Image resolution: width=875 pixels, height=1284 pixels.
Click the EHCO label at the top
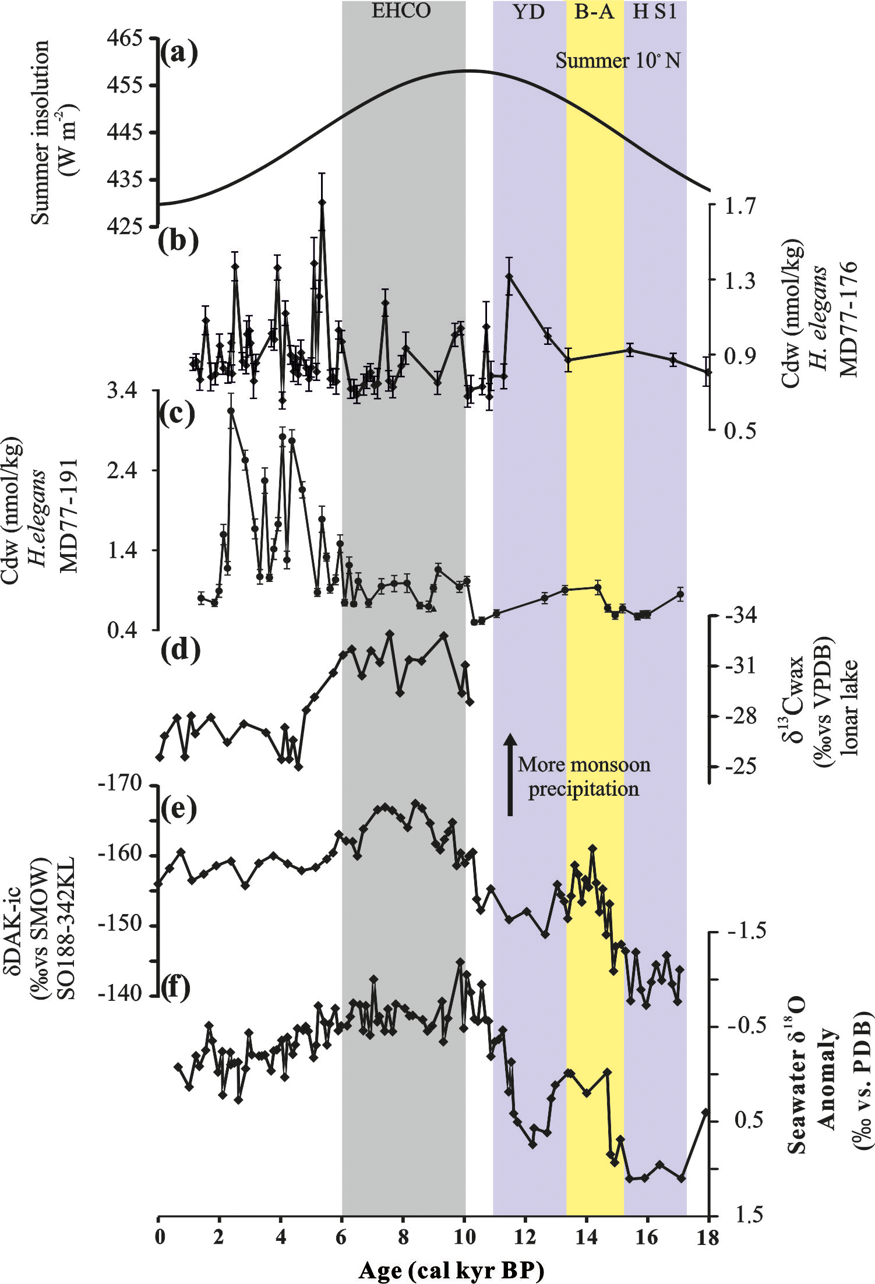[x=401, y=11]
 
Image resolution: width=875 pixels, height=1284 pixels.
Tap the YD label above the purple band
[x=528, y=12]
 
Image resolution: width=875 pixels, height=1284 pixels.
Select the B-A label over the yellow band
[x=594, y=12]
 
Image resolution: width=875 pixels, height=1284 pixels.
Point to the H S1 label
[x=655, y=12]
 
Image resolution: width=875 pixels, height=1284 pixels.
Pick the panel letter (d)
[x=180, y=650]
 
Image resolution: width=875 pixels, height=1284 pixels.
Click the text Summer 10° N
[x=618, y=60]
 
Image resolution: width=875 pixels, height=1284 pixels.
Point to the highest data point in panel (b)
[x=322, y=202]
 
